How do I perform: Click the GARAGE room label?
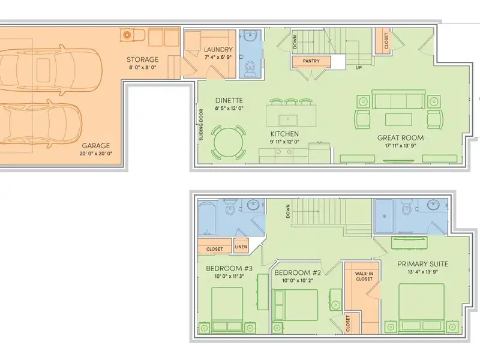click(x=95, y=146)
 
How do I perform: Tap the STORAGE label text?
click(x=142, y=59)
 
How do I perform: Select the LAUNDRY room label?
click(x=218, y=50)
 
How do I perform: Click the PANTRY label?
click(x=311, y=61)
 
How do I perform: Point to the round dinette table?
click(x=229, y=143)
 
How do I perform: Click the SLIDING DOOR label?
click(x=201, y=125)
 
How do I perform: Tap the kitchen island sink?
click(x=288, y=119)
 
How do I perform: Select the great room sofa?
click(x=398, y=99)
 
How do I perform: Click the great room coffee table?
click(x=398, y=119)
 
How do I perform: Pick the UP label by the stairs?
click(x=358, y=67)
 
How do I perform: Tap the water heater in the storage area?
click(x=127, y=35)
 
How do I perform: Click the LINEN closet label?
click(x=241, y=247)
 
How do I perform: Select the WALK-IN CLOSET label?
click(x=364, y=277)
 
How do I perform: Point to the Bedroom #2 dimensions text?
click(x=297, y=280)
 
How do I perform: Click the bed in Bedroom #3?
click(x=227, y=310)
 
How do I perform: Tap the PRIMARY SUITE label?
click(x=423, y=264)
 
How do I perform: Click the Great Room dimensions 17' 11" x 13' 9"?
click(x=400, y=146)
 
